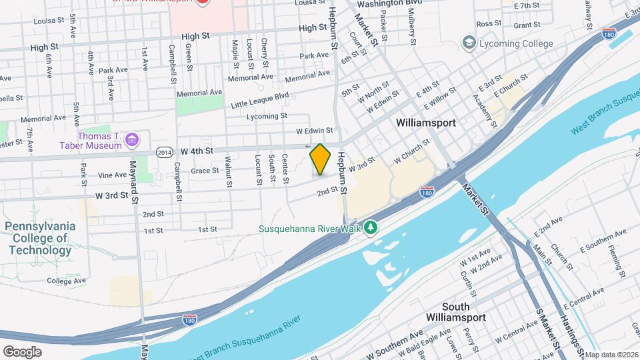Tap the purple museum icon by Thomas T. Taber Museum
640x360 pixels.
133,140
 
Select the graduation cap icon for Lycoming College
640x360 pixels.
470,43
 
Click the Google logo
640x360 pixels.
22,351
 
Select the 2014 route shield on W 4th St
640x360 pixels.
165,151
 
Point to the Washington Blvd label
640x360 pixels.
389,3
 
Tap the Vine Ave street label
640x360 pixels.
112,175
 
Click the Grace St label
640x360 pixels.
205,171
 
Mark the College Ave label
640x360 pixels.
67,281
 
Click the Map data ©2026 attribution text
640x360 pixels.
611,355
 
